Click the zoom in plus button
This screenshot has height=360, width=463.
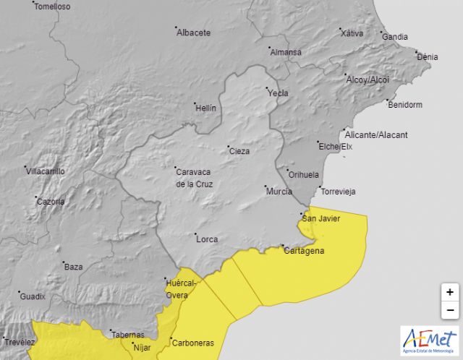[449, 292]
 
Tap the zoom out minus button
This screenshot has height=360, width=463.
[449, 310]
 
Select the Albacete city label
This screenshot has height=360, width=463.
[195, 33]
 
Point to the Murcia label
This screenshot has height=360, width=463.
[279, 192]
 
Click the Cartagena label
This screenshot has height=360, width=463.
[304, 251]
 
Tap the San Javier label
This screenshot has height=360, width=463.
[320, 218]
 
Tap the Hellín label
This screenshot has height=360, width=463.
[205, 108]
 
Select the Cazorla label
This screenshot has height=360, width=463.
[51, 202]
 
